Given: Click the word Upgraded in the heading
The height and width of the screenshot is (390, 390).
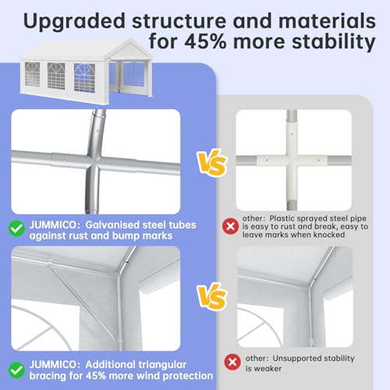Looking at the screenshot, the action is (74, 21).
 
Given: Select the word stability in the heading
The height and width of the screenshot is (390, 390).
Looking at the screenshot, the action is (334, 43).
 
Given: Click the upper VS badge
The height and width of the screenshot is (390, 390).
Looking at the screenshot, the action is (212, 163).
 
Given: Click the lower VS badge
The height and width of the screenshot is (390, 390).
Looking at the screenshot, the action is (212, 296).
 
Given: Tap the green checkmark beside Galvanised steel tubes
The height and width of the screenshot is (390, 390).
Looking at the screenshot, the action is (16, 229).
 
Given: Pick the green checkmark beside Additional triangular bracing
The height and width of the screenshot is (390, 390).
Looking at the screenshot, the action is (16, 370).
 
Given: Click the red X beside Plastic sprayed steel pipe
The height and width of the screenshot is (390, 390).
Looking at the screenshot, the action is (230, 226).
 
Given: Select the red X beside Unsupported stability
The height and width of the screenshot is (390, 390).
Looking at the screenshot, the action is (232, 362).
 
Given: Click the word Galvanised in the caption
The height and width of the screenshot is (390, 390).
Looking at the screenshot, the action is (112, 225).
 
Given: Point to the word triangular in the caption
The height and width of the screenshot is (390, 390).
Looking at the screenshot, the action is (161, 365).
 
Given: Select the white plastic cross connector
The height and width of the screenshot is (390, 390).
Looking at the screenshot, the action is (292, 160).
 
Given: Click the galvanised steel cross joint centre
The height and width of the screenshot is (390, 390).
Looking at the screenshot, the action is (94, 161).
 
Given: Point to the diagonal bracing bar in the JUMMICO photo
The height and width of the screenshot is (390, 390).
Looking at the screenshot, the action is (83, 302).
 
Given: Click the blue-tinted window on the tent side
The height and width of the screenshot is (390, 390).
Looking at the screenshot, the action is (84, 77).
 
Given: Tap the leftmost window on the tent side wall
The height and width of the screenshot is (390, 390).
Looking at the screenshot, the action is (32, 74).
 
